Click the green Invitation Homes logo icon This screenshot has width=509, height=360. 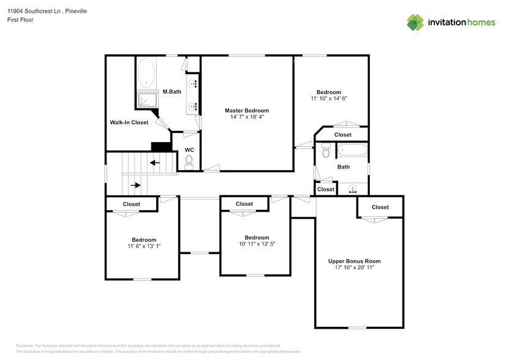tap(416, 22)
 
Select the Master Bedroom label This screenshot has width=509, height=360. tap(246, 110)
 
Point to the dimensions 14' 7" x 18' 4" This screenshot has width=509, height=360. tap(246, 117)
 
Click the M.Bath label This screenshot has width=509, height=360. tap(172, 92)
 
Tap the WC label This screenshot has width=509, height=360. tap(189, 149)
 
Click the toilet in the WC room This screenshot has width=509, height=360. tap(189, 162)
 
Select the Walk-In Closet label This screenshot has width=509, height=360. tap(129, 122)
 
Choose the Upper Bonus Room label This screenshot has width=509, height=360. tap(359, 261)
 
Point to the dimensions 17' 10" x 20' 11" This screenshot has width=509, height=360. tap(359, 268)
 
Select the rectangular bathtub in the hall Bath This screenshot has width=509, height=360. tap(352, 149)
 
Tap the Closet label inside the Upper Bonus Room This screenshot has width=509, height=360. tap(380, 207)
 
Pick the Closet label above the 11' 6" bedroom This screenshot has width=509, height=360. tap(131, 204)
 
